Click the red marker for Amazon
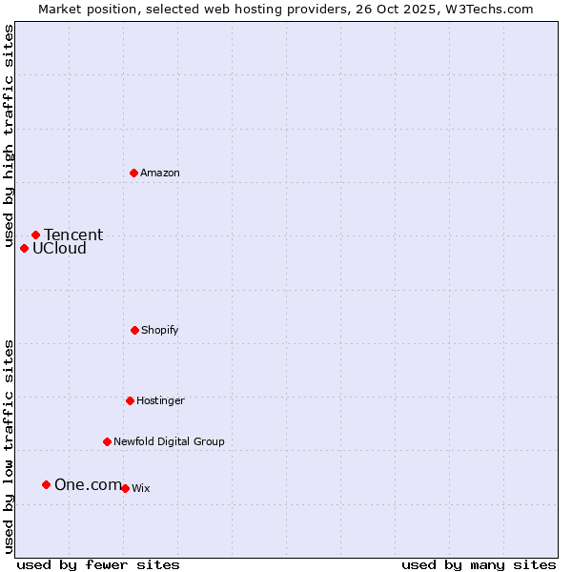click(134, 173)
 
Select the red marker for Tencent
click(35, 235)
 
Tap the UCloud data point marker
click(24, 248)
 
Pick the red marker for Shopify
click(134, 330)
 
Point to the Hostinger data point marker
click(130, 400)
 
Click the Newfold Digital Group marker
click(107, 441)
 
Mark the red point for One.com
click(46, 484)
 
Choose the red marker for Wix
click(125, 488)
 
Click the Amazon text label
click(160, 173)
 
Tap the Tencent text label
click(73, 235)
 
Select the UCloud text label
click(59, 249)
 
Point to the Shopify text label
click(160, 330)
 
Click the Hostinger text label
click(160, 400)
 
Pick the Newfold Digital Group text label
click(169, 441)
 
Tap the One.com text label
click(88, 484)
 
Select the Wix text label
click(141, 488)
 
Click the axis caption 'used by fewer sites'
click(98, 564)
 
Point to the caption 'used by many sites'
click(479, 564)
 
